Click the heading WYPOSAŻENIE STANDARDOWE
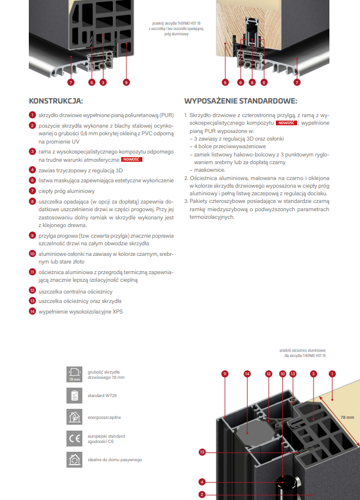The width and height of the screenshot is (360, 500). coord(241,100)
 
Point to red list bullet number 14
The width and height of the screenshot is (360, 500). coord(32,311)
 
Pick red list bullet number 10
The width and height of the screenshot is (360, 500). coord(32,253)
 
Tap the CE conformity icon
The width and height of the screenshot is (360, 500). coord(74,438)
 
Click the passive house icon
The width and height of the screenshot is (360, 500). coord(74,459)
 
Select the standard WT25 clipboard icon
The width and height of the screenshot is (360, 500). coord(74,395)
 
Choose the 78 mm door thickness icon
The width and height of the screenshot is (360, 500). coord(74,374)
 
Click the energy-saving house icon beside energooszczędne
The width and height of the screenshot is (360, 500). coord(74,416)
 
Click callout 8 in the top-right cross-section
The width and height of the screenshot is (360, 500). coord(252,83)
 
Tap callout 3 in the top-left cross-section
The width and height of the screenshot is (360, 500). coord(103,83)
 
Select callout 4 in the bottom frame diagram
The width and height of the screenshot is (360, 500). coord(202,481)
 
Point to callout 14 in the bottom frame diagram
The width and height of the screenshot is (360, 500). coord(247,373)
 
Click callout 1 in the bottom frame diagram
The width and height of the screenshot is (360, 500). coord(332,373)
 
